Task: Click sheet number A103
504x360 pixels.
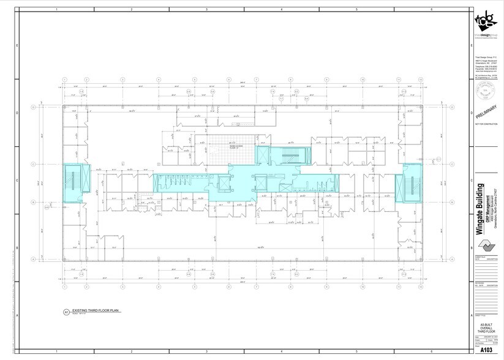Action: (486, 350)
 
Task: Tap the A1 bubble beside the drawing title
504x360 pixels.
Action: (66, 312)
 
